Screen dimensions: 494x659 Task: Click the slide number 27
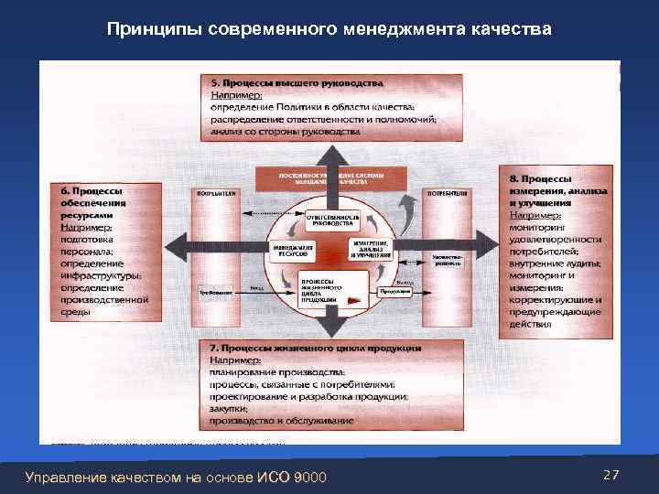tap(612, 475)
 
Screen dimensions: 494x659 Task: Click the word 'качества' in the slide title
tap(512, 30)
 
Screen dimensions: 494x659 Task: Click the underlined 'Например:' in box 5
tap(235, 95)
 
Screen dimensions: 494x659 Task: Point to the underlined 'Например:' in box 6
tap(86, 226)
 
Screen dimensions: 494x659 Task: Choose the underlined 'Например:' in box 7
tap(235, 360)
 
